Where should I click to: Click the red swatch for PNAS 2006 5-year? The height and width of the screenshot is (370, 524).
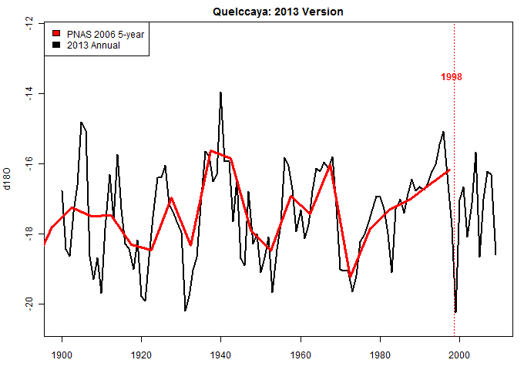56,35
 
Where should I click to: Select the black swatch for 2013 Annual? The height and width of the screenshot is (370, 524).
56,45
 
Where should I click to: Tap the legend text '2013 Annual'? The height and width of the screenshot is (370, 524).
93,45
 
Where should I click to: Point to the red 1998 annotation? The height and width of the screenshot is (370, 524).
452,77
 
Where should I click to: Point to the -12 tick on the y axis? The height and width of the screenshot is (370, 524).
29,24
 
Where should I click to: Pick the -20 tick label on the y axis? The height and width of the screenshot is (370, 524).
29,304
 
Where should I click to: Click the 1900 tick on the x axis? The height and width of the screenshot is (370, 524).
62,355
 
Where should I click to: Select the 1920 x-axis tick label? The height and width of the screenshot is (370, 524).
141,355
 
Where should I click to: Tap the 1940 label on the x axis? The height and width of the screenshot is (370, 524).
220,355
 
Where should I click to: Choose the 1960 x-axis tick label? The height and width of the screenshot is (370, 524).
300,355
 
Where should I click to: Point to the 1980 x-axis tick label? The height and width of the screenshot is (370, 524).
379,355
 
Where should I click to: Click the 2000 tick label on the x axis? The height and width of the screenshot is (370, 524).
459,355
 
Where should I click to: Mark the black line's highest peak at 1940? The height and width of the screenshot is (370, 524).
220,92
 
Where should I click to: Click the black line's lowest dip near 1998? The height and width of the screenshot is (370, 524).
455,311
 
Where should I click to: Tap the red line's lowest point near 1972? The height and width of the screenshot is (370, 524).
350,275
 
